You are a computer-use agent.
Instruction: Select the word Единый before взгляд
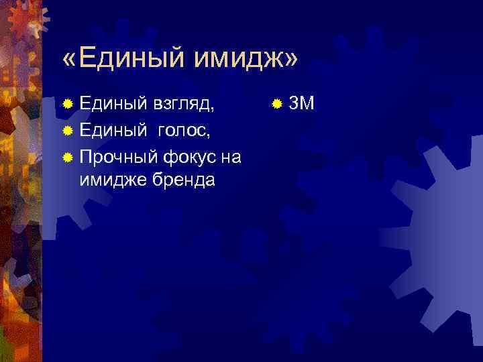(113, 104)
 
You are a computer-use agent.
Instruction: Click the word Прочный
(118, 158)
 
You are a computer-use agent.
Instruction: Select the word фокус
(188, 158)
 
